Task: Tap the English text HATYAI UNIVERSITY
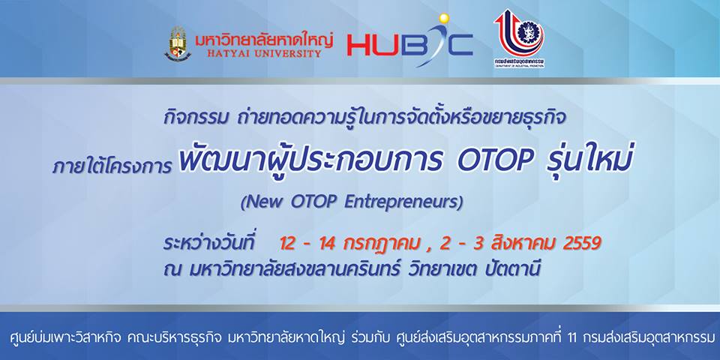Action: point(264,54)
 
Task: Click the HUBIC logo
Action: point(409,40)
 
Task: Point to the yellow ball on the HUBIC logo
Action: point(443,18)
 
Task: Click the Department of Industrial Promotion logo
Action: point(519,38)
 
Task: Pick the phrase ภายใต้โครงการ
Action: point(112,166)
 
